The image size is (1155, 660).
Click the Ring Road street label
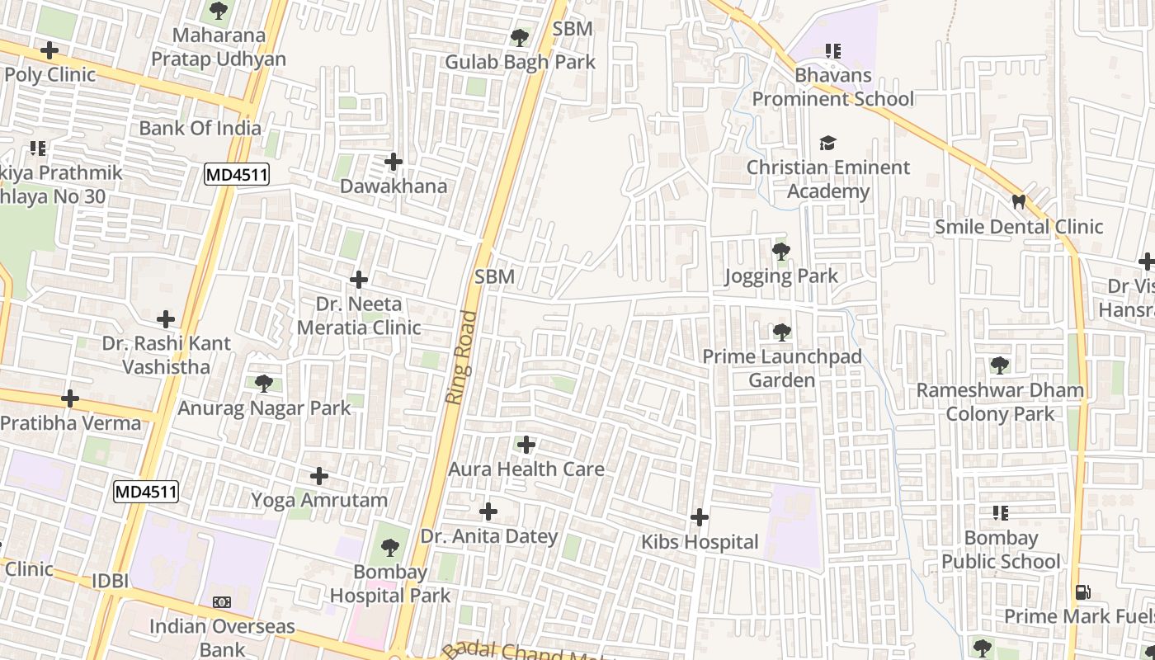click(x=463, y=356)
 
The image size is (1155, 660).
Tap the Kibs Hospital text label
click(x=700, y=542)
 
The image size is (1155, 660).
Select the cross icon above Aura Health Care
click(x=526, y=445)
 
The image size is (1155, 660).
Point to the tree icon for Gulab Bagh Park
click(x=520, y=38)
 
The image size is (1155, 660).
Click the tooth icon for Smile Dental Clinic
click(x=1019, y=201)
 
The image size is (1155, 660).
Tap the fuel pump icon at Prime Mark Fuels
click(x=1082, y=592)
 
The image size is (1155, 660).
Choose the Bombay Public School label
click(x=1001, y=550)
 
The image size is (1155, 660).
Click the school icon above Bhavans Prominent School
click(x=833, y=51)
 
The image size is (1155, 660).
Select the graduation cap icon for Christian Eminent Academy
click(x=827, y=144)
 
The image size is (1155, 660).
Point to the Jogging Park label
click(x=781, y=276)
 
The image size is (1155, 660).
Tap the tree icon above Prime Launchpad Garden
click(x=781, y=332)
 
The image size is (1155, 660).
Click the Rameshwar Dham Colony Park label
click(x=1000, y=402)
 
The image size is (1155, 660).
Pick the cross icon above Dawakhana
click(x=394, y=162)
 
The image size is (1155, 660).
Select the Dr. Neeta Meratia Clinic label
click(x=359, y=316)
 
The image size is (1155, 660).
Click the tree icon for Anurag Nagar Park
click(x=264, y=383)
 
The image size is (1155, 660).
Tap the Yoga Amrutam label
click(x=319, y=500)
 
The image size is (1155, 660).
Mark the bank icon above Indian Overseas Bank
click(x=221, y=602)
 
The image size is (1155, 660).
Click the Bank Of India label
click(x=200, y=128)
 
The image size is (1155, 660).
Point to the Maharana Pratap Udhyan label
click(x=219, y=47)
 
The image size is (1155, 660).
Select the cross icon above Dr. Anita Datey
click(x=488, y=512)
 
